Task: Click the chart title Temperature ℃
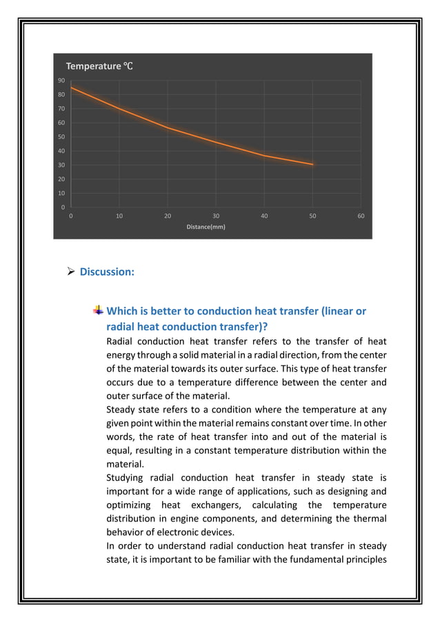tap(99, 66)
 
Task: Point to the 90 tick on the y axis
tap(61, 81)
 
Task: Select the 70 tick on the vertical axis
tap(61, 109)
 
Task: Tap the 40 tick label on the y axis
tap(61, 151)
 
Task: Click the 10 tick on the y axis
tap(61, 193)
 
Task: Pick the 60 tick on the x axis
tap(361, 216)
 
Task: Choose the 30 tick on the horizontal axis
tap(216, 216)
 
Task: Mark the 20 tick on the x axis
tap(168, 216)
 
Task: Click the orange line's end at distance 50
tap(312, 164)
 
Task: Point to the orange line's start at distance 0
tap(71, 88)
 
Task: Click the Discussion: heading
tap(107, 272)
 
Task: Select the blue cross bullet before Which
tap(99, 311)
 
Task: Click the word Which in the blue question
tap(123, 311)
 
